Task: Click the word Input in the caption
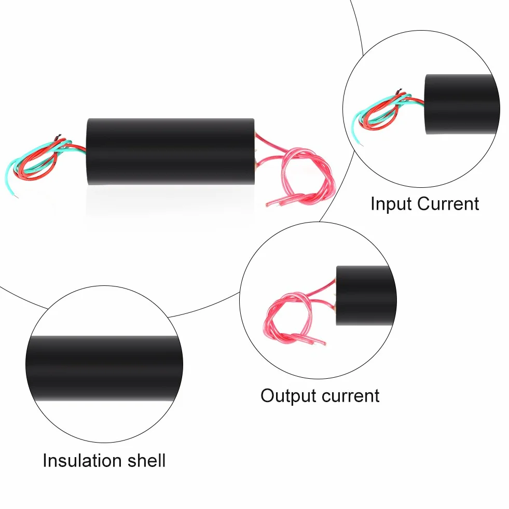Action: (x=392, y=203)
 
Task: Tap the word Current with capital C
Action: (x=448, y=203)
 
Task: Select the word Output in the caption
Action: (x=288, y=396)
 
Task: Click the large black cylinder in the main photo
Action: (x=170, y=152)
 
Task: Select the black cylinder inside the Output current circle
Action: (x=366, y=295)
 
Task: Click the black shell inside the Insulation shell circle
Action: (x=104, y=368)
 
